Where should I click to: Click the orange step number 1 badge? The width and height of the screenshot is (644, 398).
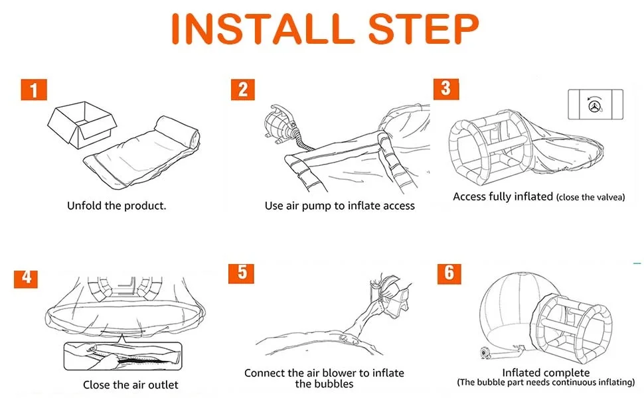click(34, 90)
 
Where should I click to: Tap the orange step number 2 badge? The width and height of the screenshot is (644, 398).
click(243, 90)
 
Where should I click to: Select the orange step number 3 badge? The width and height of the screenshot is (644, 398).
click(446, 88)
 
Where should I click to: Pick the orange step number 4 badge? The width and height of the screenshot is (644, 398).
click(26, 279)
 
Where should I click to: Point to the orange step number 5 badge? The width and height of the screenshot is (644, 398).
click(241, 273)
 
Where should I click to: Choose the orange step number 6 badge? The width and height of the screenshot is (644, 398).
click(449, 274)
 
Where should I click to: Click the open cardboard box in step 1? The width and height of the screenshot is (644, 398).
click(82, 124)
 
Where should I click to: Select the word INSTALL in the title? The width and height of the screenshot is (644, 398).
click(263, 29)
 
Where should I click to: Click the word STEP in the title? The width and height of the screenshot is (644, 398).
click(424, 29)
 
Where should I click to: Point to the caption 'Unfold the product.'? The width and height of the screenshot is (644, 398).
click(117, 205)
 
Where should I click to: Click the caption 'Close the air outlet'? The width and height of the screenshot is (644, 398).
click(131, 385)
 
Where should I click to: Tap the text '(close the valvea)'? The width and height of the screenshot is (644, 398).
click(591, 198)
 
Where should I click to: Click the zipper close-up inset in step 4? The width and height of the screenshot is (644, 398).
click(123, 356)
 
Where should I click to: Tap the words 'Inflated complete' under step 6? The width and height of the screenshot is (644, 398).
click(546, 373)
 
